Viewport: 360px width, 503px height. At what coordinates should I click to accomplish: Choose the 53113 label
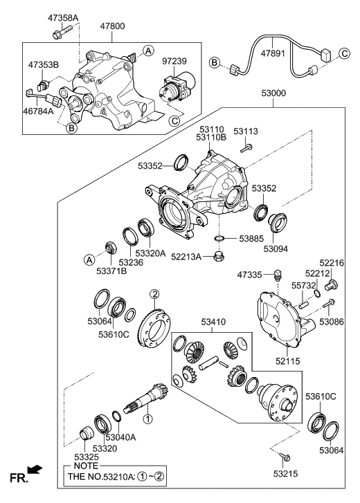coord(246,130)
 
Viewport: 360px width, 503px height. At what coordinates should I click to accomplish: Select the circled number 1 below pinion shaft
coord(147,419)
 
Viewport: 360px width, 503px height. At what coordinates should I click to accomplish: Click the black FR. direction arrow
coord(34,470)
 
